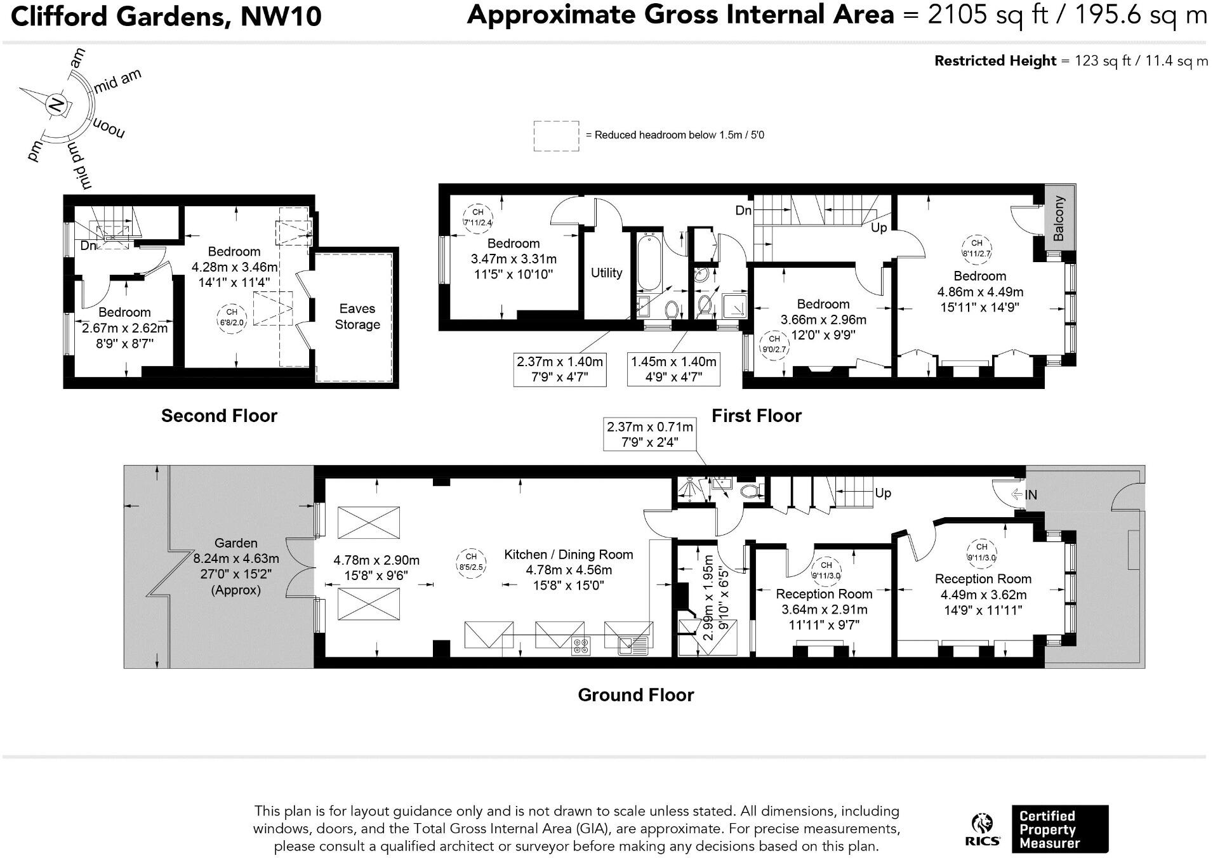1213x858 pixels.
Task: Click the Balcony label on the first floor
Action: point(1058,218)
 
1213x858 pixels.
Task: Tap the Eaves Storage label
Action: point(357,317)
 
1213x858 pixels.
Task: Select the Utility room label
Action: point(606,273)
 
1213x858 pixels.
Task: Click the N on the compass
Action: point(57,103)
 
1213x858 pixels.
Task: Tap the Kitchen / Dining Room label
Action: point(569,555)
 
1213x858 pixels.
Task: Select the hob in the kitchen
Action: point(580,646)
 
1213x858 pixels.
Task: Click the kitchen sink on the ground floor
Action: point(634,646)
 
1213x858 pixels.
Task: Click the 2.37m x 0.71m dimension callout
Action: point(649,435)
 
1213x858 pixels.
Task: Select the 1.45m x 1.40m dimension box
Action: point(673,369)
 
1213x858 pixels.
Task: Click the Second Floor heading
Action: point(219,416)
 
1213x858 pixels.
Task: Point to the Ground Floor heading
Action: point(635,696)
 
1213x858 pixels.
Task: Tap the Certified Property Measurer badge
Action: point(1059,829)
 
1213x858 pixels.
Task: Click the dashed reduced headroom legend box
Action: point(556,136)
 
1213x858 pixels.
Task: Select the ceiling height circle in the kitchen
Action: point(471,562)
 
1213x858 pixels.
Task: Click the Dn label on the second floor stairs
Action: point(88,246)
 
